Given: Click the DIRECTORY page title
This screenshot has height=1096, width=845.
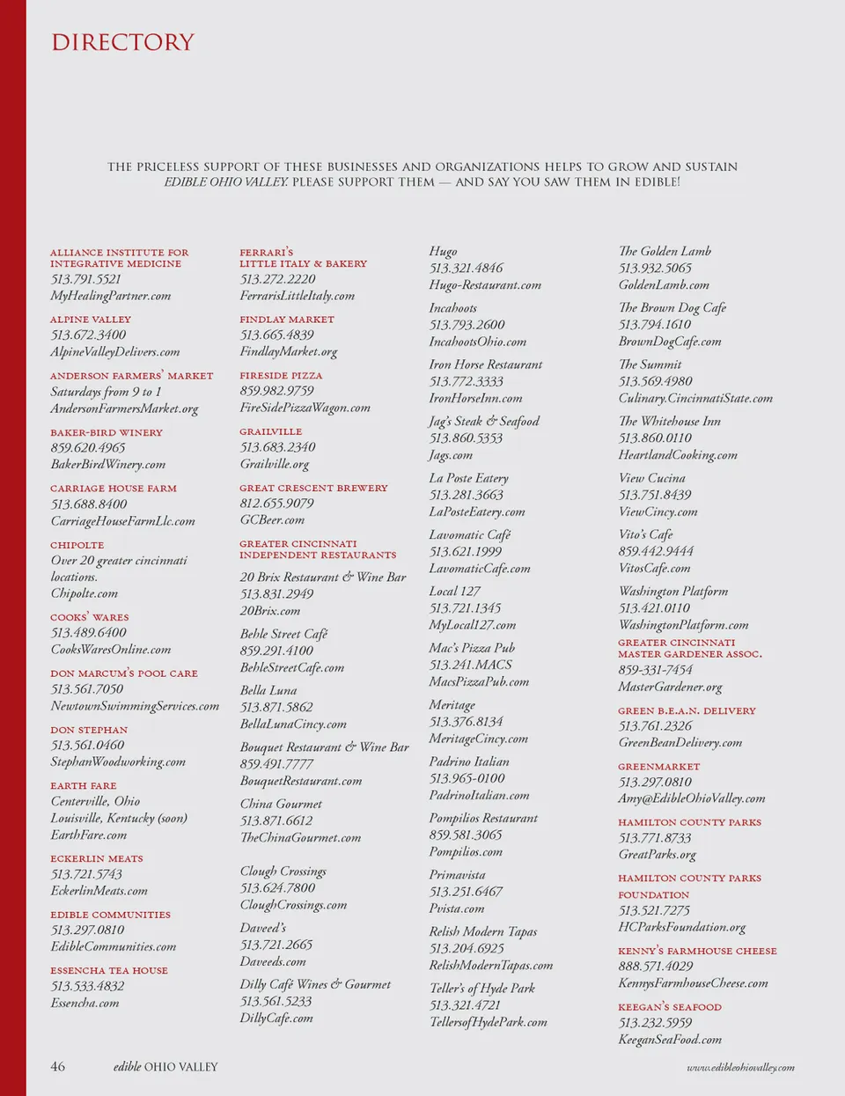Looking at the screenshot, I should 122,42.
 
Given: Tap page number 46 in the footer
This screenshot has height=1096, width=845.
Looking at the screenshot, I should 57,1066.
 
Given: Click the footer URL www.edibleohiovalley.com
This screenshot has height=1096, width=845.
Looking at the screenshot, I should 740,1067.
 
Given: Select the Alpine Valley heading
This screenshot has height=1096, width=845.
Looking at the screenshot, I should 91,320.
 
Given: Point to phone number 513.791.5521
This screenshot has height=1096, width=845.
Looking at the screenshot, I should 86,279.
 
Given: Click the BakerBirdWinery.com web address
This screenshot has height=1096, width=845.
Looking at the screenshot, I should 107,464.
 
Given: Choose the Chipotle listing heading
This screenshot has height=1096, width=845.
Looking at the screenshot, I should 77,545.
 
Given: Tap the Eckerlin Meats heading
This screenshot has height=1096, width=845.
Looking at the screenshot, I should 97,858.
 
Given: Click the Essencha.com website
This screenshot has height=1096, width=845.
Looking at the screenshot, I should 84,1003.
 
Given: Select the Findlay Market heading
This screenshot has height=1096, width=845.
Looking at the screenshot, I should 287,320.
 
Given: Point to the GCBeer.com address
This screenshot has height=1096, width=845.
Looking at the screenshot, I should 272,519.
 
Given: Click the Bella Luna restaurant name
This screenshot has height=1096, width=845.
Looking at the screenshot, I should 268,690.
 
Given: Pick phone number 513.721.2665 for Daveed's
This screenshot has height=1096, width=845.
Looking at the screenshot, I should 276,945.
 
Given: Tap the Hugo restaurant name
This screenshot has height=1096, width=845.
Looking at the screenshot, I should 443,252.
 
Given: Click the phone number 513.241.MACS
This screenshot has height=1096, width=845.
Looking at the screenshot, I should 470,665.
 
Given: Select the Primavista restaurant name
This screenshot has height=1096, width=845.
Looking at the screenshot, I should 457,875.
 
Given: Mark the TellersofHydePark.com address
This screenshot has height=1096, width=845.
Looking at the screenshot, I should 488,1022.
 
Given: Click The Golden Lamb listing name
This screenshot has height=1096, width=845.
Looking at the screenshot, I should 665,252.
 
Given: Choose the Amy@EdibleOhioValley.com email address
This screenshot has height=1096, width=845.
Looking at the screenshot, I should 691,798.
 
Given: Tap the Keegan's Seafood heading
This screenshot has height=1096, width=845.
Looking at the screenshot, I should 670,1007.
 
